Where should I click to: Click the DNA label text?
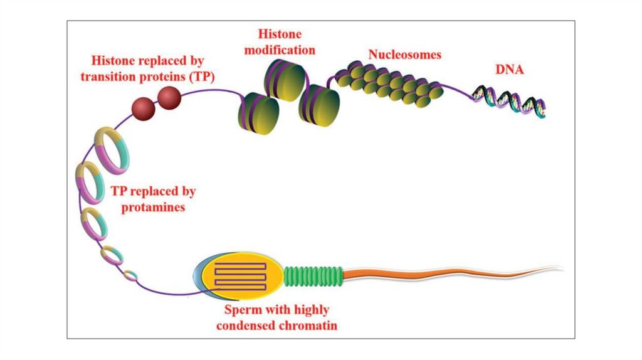(x=510, y=70)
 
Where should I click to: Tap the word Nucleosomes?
(x=404, y=55)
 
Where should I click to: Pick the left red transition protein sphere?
(x=143, y=109)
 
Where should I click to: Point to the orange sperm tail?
(x=439, y=273)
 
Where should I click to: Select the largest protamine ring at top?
(x=112, y=149)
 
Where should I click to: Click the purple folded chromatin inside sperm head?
(x=239, y=275)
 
